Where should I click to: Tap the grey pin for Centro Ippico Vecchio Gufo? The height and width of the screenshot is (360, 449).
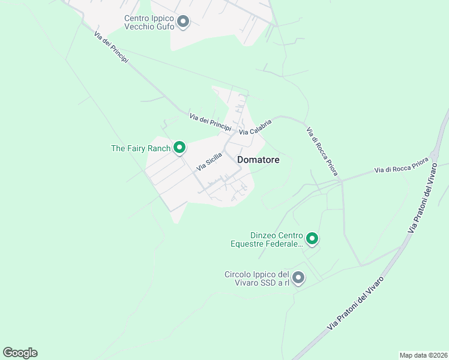click(184, 23)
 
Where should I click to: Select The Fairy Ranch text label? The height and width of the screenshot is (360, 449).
click(141, 148)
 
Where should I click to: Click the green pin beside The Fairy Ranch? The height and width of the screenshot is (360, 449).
click(179, 148)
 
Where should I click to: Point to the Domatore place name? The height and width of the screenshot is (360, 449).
click(258, 160)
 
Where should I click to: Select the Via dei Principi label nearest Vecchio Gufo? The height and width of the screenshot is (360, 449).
click(112, 47)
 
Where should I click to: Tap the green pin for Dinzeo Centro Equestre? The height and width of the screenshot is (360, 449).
click(312, 239)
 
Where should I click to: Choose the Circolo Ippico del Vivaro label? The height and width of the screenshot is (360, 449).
click(258, 278)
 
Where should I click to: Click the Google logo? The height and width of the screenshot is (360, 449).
click(20, 353)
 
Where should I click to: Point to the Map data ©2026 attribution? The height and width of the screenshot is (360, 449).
click(423, 355)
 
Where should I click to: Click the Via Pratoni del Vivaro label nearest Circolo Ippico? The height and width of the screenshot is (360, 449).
click(355, 303)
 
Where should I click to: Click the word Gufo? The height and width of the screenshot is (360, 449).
click(163, 27)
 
